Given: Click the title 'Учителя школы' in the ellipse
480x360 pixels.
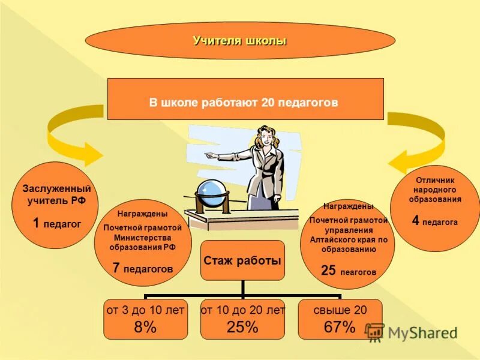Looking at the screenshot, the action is click(x=240, y=41).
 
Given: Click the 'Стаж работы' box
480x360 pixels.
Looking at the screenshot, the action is click(x=242, y=260).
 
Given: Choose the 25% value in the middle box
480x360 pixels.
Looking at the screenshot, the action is click(x=242, y=327).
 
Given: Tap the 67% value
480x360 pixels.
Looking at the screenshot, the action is click(x=340, y=327).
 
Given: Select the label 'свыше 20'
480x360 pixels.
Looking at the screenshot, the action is click(x=340, y=310).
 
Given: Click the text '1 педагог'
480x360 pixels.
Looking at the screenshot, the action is click(x=56, y=224).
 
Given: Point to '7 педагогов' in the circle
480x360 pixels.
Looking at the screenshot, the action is click(x=143, y=268).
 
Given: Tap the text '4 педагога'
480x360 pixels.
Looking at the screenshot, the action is click(x=434, y=221).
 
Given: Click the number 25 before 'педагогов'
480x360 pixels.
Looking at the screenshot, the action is click(x=328, y=271).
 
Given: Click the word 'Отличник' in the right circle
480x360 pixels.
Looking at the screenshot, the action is click(x=435, y=180).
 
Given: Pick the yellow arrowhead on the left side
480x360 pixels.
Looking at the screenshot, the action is click(x=90, y=154).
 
